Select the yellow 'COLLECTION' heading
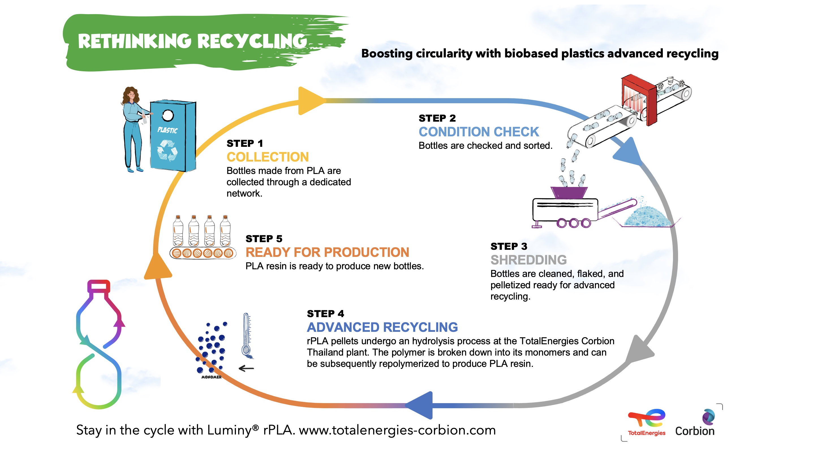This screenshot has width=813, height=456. (268, 157)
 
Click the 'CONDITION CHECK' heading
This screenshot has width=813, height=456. (478, 132)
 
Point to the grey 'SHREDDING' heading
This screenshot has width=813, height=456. (528, 260)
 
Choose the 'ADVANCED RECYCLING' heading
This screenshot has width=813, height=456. (382, 327)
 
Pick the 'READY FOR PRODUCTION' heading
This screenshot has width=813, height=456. (327, 252)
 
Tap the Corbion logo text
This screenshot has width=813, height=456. (695, 431)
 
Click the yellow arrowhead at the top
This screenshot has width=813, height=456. (311, 101)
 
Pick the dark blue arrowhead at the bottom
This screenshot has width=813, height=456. (420, 405)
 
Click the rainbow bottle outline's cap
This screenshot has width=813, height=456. (99, 286)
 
